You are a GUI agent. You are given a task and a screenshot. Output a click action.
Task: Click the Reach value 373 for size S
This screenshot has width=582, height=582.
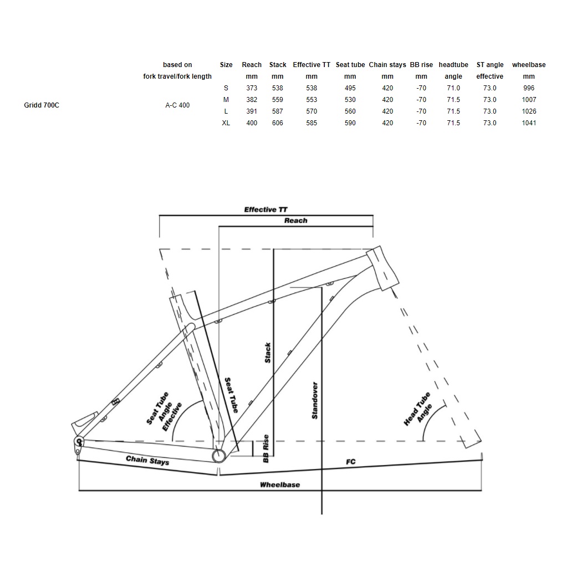[252, 88]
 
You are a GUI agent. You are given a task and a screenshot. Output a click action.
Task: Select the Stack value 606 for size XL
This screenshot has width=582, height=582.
[277, 123]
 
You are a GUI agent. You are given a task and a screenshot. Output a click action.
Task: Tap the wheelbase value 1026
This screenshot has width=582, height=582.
[529, 111]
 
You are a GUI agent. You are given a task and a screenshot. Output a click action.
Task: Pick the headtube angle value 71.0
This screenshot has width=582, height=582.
[453, 88]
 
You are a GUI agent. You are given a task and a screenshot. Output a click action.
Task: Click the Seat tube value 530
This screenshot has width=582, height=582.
[350, 99]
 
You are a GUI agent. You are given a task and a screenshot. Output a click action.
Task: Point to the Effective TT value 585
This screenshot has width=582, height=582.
[312, 123]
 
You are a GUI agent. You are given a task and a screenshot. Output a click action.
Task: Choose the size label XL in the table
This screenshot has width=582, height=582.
[226, 123]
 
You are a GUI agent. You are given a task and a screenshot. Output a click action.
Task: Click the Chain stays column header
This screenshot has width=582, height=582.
[387, 65]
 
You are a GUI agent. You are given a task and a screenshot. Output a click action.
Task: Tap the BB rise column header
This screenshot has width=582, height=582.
[421, 65]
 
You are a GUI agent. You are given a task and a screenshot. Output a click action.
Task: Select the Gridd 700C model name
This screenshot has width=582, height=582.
[42, 105]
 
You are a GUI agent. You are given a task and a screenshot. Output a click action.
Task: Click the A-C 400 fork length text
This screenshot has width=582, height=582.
[177, 105]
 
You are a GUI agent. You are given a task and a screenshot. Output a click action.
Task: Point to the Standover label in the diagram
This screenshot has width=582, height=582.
[315, 401]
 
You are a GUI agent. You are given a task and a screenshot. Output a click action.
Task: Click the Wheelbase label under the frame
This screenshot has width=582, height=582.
[280, 484]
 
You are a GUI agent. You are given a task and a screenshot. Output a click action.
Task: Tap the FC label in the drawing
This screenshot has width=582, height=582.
[350, 462]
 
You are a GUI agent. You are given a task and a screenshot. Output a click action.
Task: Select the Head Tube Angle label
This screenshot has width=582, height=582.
[417, 409]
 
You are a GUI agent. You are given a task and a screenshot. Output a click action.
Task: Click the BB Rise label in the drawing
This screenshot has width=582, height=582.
[266, 449]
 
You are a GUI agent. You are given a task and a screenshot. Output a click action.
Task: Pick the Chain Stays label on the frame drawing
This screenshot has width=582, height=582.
[147, 460]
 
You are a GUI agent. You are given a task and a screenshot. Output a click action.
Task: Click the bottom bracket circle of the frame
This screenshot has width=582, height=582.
[219, 456]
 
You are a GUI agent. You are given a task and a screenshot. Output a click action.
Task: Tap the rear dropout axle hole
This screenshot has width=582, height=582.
[79, 442]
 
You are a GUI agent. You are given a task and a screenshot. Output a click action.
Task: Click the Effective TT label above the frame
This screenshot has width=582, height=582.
[266, 210]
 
